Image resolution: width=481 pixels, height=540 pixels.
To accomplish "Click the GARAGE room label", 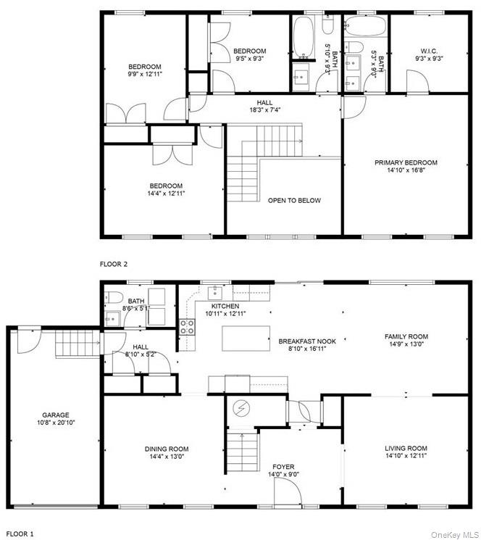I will pyautogui.click(x=54, y=415).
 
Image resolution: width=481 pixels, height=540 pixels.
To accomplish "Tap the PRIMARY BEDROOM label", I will pyautogui.click(x=405, y=162).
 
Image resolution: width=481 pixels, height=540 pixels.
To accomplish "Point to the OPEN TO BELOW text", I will pyautogui.click(x=293, y=200).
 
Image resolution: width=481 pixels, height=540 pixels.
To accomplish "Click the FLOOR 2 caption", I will pyautogui.click(x=113, y=265).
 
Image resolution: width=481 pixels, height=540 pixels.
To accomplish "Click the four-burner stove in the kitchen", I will pyautogui.click(x=187, y=326).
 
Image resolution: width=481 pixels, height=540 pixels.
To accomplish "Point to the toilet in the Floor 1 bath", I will pyautogui.click(x=112, y=297).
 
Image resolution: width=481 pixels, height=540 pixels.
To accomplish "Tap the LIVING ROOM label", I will pyautogui.click(x=405, y=449).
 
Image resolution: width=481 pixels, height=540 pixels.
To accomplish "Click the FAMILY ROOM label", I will pyautogui.click(x=406, y=336).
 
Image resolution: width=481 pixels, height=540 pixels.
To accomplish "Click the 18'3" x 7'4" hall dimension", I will pyautogui.click(x=264, y=111).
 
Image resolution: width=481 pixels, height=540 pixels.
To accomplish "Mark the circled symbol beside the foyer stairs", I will pyautogui.click(x=240, y=409).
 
